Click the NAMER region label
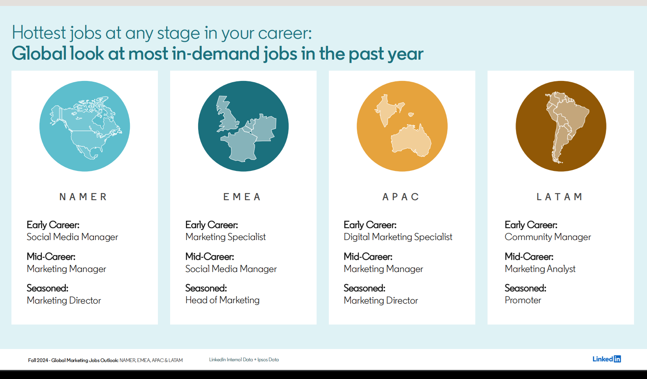(x=83, y=197)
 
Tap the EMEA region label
(x=242, y=197)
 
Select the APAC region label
(x=401, y=197)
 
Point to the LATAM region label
(x=559, y=197)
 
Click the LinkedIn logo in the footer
(x=607, y=359)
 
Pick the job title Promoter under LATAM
(x=523, y=300)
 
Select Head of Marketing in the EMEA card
(x=222, y=300)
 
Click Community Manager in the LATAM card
(x=548, y=237)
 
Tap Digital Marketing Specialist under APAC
(x=398, y=237)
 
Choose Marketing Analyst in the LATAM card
(x=540, y=269)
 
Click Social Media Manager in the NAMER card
(x=72, y=237)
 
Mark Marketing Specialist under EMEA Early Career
(x=225, y=237)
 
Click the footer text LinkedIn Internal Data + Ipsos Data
(x=244, y=360)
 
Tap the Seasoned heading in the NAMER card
(x=47, y=288)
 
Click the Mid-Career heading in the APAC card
(x=368, y=257)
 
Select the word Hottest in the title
(x=39, y=33)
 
